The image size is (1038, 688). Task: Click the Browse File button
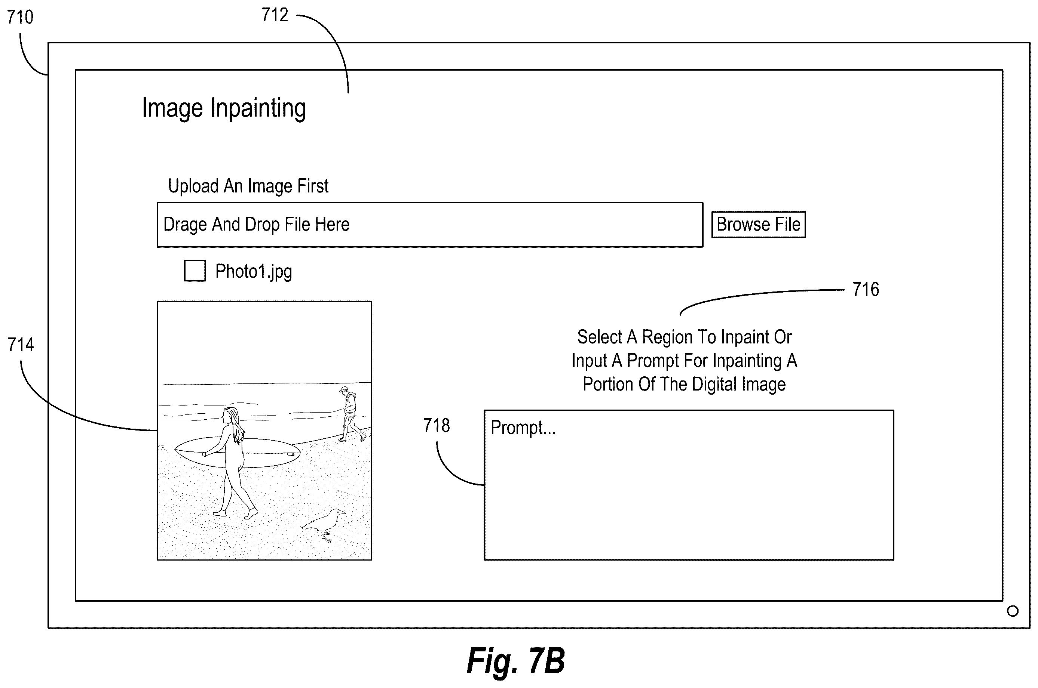[758, 225]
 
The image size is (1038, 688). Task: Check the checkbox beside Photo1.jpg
[195, 271]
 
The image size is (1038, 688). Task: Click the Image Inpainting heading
[224, 108]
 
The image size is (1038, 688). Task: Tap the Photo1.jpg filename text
[253, 272]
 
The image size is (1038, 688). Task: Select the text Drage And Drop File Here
[257, 225]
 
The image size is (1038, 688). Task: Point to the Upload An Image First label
[248, 186]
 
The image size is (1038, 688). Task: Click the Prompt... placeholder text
[523, 428]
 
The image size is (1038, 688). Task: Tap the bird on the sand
[324, 525]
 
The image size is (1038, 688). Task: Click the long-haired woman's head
[229, 415]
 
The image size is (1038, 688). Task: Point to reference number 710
[20, 18]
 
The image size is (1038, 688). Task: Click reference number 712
[275, 15]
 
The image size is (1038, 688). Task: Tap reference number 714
[21, 345]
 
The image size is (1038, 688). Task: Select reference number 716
[866, 290]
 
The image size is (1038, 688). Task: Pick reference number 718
[437, 426]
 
